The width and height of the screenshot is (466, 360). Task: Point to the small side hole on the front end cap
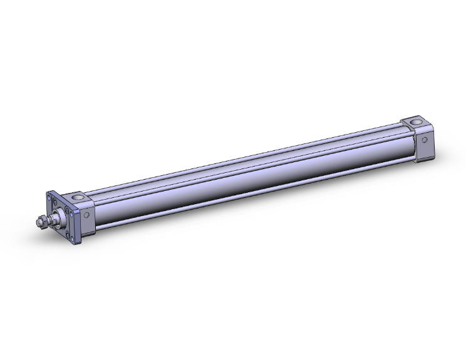coord(87,215)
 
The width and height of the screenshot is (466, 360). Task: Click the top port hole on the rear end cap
coord(415,121)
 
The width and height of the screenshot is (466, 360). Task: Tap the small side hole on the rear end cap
coord(424,140)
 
